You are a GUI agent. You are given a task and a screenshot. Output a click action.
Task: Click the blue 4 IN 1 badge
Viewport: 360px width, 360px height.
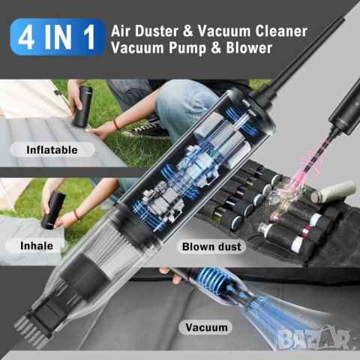(58, 37)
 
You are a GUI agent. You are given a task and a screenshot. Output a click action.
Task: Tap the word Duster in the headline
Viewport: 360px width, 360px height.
(157, 31)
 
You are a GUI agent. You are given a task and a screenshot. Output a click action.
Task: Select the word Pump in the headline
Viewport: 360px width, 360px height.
(187, 48)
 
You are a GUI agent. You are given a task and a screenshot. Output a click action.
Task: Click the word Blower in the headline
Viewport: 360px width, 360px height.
(249, 47)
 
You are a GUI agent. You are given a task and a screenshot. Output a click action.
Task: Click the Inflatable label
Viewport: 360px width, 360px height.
(52, 150)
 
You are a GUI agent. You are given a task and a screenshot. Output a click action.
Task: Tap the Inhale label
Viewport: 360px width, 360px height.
(37, 246)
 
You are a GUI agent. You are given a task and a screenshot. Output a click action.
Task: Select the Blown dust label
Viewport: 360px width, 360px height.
(211, 247)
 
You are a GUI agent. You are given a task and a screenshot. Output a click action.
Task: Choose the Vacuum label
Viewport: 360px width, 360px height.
(206, 327)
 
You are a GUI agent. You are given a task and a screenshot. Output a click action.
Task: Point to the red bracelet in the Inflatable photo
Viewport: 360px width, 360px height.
(116, 124)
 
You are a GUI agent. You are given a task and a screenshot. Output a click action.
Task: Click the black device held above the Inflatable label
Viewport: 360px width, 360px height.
(82, 106)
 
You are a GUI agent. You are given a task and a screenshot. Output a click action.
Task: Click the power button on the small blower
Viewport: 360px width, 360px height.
(357, 103)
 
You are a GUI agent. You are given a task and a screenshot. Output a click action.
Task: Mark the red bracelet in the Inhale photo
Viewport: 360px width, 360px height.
(77, 215)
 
